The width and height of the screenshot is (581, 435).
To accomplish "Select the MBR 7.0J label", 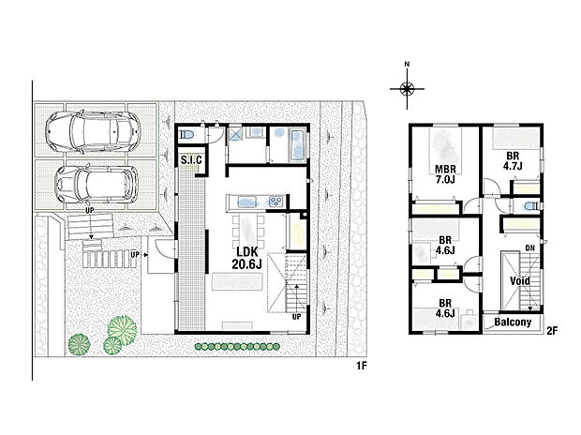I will coord(444,174).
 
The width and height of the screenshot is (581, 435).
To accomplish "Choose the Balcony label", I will coord(513,322).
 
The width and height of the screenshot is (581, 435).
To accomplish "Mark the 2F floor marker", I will coord(552,331).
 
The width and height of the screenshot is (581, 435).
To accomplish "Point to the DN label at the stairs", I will coord(530,247).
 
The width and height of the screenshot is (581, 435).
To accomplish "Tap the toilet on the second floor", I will coord(529,205).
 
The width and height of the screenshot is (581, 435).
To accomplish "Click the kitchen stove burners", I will coord(276,201).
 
